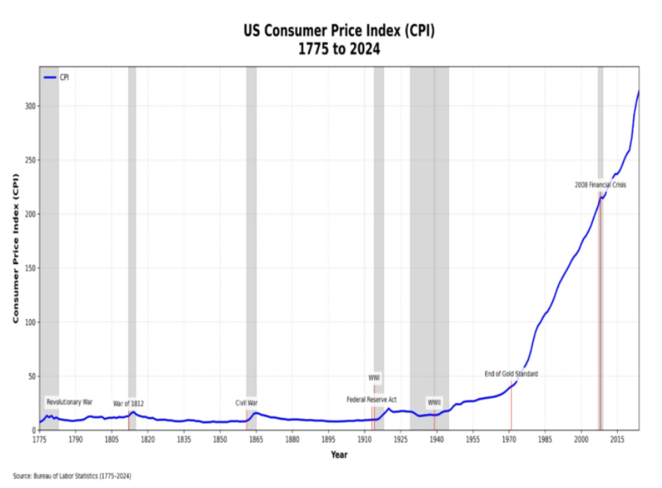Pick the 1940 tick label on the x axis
point(436,439)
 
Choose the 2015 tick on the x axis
point(617,439)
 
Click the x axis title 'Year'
point(339,455)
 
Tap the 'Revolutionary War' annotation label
point(69,402)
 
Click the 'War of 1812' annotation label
point(129,403)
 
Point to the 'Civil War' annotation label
point(246,403)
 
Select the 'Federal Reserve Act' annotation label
point(372,399)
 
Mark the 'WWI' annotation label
point(374,378)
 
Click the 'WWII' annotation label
point(434,403)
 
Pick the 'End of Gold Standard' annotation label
point(511,374)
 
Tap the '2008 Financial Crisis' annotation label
point(600,184)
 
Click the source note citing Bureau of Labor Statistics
point(72,476)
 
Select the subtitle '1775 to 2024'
point(339,49)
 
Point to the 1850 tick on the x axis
point(220,439)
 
